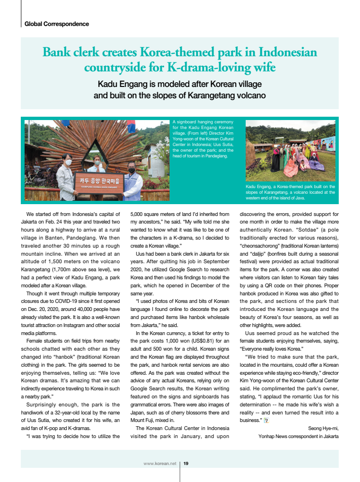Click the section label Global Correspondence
(x=57, y=24)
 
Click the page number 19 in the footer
(x=186, y=464)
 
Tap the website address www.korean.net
(x=160, y=464)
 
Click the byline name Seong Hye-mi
(x=323, y=428)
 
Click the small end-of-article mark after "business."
(x=266, y=421)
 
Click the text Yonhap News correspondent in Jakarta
(x=298, y=436)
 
